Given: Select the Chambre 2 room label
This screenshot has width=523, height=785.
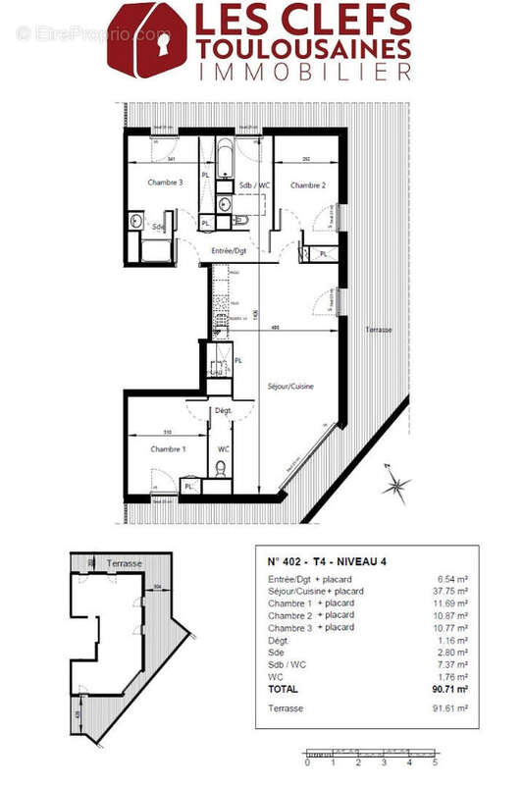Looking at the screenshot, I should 307,184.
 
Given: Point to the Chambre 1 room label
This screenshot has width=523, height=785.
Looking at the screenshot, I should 168,448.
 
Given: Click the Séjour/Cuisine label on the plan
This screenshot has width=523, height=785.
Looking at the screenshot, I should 290,387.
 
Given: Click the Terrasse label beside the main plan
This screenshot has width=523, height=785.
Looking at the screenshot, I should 378,330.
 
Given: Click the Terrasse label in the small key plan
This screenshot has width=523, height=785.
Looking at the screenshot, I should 123,563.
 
